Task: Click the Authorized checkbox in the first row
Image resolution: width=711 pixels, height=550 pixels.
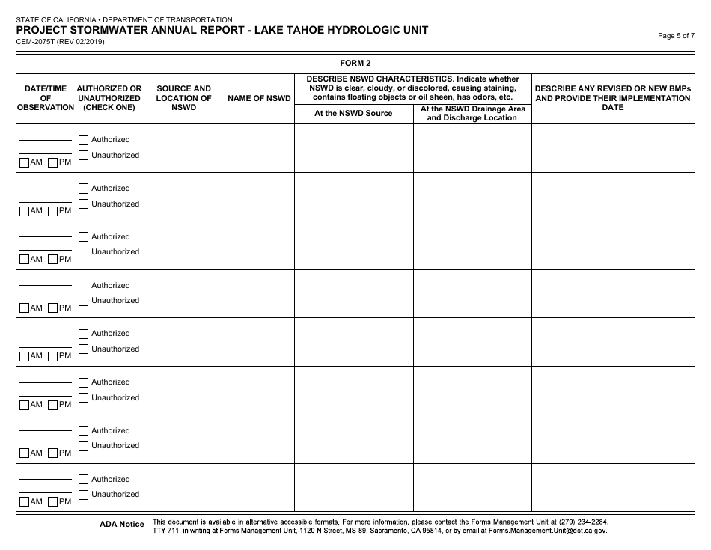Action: point(84,140)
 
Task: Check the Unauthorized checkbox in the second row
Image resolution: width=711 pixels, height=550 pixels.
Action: point(84,204)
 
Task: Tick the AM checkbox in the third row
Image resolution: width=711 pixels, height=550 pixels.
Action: point(25,260)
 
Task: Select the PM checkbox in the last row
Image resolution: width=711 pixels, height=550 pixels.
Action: point(53,502)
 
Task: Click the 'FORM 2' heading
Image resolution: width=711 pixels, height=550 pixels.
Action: point(355,63)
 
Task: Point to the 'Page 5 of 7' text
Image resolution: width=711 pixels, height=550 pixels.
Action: point(676,36)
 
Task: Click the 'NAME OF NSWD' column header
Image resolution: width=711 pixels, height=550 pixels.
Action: point(259,98)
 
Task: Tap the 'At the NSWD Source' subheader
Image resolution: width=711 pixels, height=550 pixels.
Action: point(353,114)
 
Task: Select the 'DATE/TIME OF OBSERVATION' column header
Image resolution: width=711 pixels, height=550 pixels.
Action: point(46,98)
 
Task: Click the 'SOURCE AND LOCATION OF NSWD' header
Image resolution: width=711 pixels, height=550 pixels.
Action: point(184,98)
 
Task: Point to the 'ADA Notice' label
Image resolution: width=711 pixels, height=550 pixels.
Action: point(121,525)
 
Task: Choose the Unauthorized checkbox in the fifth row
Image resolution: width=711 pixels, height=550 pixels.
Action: point(84,349)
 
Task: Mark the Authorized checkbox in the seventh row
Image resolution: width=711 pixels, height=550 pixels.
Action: point(84,431)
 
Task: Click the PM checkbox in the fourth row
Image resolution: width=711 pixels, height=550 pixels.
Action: point(53,308)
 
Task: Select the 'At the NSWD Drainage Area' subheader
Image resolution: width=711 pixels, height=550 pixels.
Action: point(472,109)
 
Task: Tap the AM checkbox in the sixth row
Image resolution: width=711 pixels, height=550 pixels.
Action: point(25,405)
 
